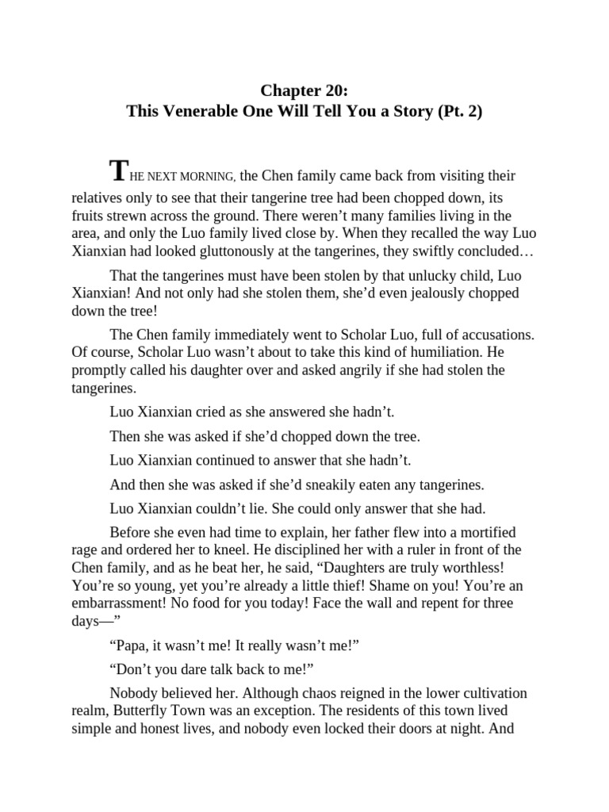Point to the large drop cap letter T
tap(118, 170)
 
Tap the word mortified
tap(474, 531)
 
